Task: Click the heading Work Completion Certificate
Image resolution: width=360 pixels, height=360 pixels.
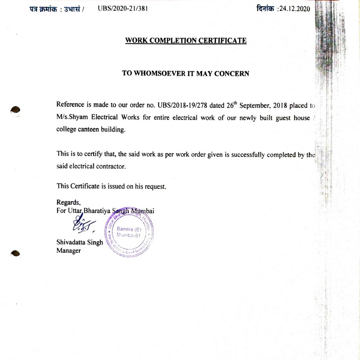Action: [x=186, y=40]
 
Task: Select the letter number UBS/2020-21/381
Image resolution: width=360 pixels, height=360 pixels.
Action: [x=123, y=9]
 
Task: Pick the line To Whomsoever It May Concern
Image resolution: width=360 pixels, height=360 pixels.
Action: [x=186, y=73]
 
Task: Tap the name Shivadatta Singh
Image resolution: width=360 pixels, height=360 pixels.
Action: [x=80, y=242]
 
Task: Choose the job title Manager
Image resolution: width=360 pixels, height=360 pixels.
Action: [x=68, y=251]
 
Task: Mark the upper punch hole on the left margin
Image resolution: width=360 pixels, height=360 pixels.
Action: [x=15, y=108]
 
